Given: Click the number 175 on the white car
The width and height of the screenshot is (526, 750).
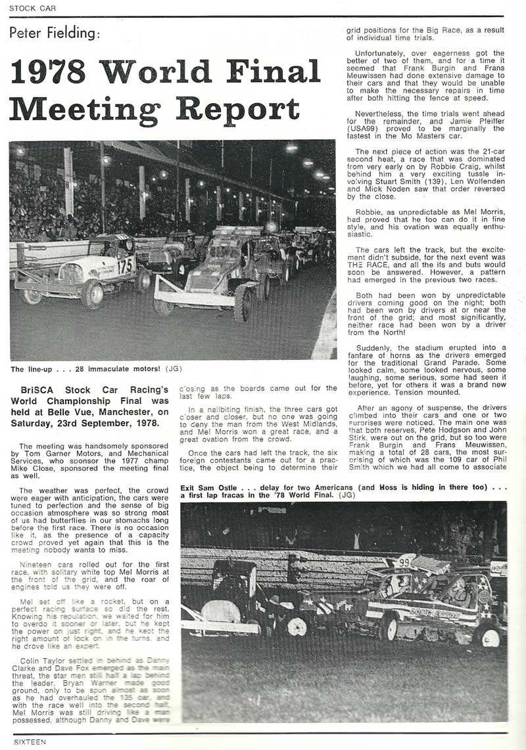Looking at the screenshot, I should click(125, 265).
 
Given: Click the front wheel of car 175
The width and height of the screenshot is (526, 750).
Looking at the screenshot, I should click(92, 294).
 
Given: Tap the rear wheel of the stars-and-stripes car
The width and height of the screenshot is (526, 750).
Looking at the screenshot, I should click(389, 626).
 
